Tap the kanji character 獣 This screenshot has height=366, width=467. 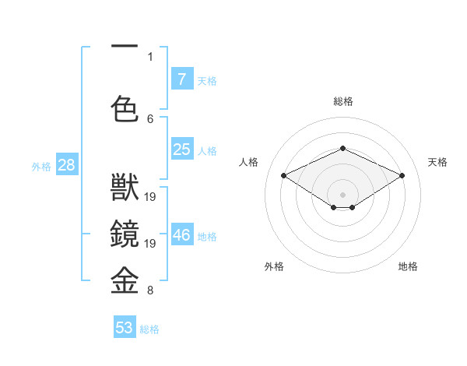125,189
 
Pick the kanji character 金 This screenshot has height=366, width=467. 125,279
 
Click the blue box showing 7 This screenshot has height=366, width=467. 181,79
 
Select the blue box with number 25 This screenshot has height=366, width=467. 181,150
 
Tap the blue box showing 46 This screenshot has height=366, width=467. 181,235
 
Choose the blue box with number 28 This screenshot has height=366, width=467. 66,164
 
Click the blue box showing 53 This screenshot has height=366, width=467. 125,328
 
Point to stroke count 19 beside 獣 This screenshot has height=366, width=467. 151,197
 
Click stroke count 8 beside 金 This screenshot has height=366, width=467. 150,291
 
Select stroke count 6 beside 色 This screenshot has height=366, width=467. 150,118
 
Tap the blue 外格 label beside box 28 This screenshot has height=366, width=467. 41,166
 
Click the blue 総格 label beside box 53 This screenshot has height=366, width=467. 150,329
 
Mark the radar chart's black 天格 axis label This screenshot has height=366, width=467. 438,162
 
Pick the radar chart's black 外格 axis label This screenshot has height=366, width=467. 274,266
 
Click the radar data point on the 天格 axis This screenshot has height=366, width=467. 402,176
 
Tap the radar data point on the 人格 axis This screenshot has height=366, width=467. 284,176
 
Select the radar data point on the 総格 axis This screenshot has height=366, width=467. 342,148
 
